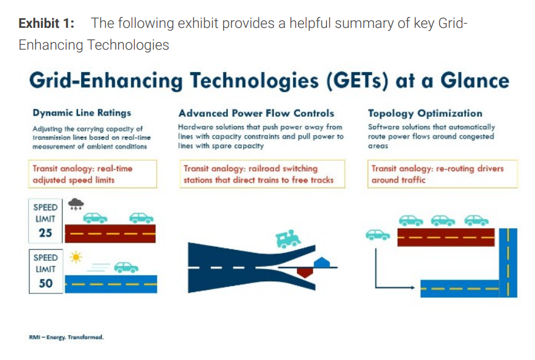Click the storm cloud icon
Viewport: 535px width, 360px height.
[76, 204]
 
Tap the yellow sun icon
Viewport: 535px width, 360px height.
[76, 257]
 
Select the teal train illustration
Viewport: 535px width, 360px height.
[288, 238]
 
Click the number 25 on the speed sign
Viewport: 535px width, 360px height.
[45, 232]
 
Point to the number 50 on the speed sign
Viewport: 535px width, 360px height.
[46, 283]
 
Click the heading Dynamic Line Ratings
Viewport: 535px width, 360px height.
[82, 113]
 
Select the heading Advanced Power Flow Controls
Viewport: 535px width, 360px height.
[256, 113]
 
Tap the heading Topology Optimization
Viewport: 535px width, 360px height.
[425, 113]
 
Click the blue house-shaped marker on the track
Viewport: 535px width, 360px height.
[322, 263]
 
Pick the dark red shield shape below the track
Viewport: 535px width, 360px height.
[305, 272]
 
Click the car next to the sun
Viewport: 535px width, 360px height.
[126, 267]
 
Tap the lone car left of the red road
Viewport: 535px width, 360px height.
[378, 235]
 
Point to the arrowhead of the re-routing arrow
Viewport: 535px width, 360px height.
[413, 287]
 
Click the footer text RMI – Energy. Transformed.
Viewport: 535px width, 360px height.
[66, 337]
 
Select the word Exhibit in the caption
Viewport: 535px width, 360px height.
[39, 23]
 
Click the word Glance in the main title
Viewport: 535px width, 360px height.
[475, 80]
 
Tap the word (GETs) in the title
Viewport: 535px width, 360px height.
[357, 81]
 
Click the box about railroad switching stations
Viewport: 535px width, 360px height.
[262, 174]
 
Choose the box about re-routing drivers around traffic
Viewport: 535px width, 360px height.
[443, 174]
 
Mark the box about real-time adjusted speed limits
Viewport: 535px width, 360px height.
[93, 174]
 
